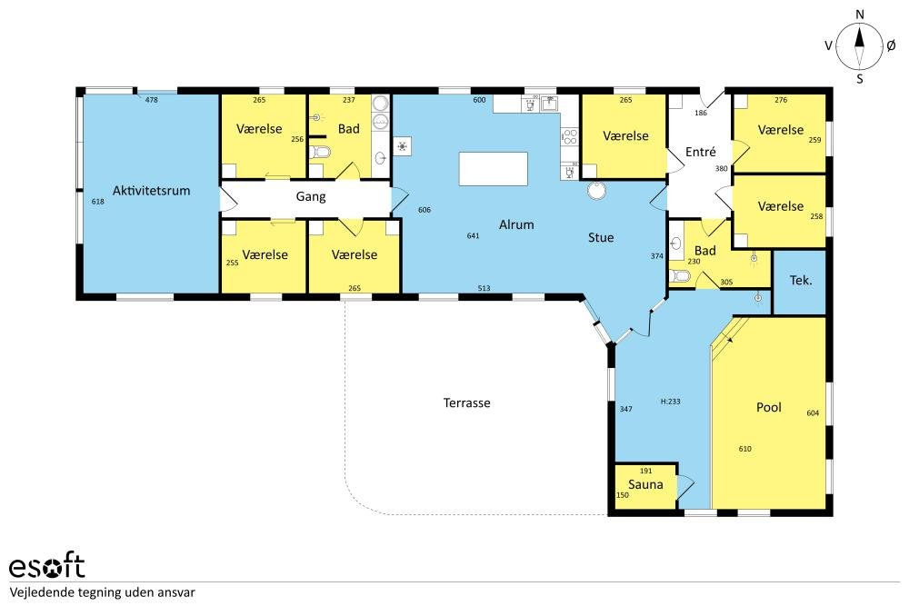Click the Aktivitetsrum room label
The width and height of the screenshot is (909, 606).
(x=151, y=191)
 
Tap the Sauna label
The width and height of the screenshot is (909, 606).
(x=645, y=484)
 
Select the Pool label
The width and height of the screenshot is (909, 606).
(x=769, y=407)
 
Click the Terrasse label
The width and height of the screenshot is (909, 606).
(x=466, y=402)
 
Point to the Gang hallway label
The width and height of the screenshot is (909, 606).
(x=311, y=197)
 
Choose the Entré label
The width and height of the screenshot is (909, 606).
(x=700, y=152)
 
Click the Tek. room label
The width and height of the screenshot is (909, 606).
(x=801, y=281)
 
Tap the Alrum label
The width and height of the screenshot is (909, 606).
(x=516, y=224)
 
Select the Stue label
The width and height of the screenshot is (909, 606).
(x=601, y=237)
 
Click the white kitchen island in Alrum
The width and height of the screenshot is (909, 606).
(x=494, y=169)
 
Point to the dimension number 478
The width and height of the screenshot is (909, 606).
(x=151, y=100)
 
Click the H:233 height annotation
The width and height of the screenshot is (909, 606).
(x=670, y=401)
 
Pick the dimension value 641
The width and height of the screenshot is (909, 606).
(x=473, y=235)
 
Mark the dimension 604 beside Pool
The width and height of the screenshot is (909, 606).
(x=813, y=413)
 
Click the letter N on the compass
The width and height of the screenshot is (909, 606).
(x=860, y=15)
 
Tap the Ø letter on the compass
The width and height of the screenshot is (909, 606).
(x=891, y=45)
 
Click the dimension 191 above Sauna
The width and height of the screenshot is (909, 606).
(x=645, y=471)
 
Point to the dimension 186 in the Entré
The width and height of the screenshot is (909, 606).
(x=701, y=113)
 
